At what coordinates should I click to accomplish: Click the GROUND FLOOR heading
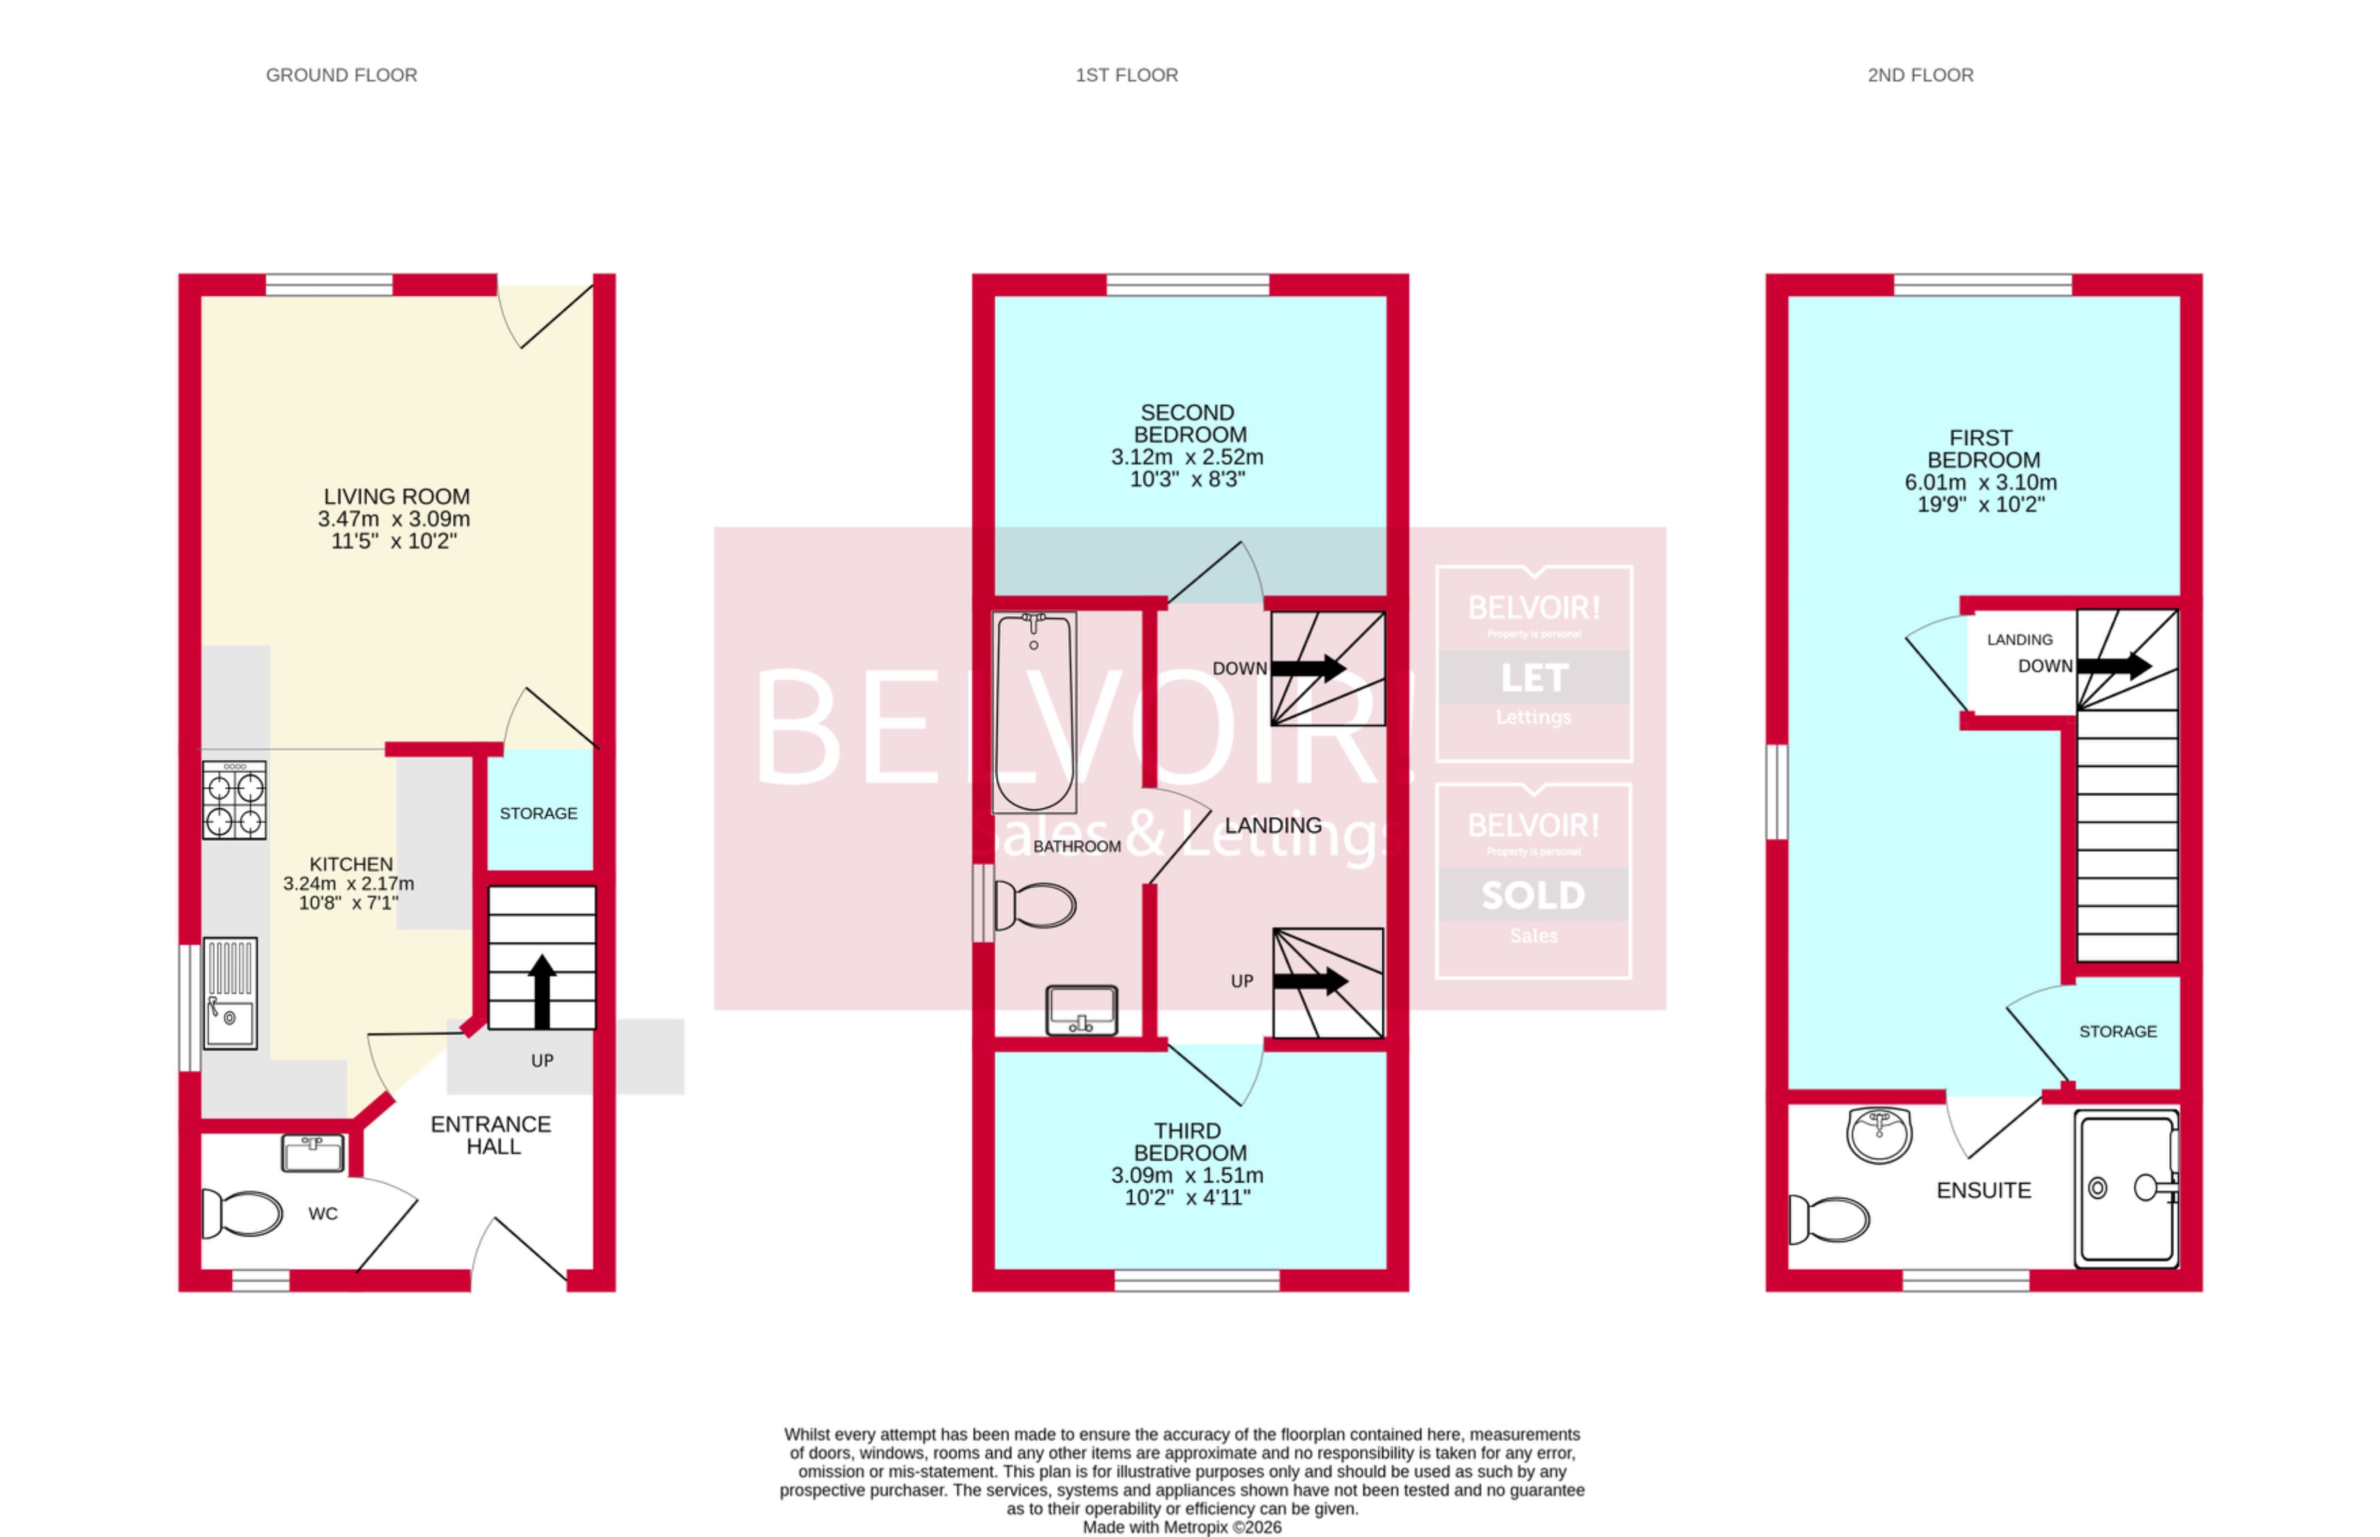pos(341,75)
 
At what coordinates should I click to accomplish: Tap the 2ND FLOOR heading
pos(1920,75)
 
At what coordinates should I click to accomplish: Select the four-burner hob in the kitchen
pos(235,800)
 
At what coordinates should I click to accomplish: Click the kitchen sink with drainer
pos(231,993)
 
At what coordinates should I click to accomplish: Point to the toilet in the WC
pos(243,1213)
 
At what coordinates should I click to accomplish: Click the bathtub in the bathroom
pos(1034,712)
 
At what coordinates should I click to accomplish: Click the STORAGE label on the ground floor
pos(538,814)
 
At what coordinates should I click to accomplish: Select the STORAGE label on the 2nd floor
pos(2118,1031)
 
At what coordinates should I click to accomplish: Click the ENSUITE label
pos(1983,1190)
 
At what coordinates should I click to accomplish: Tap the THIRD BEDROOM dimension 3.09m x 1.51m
pos(1187,1175)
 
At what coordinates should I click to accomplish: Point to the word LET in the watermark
pos(1533,678)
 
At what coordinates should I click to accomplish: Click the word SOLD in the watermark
pos(1533,895)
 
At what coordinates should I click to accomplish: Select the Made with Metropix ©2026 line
pos(1182,1527)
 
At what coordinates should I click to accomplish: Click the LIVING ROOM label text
pos(396,496)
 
